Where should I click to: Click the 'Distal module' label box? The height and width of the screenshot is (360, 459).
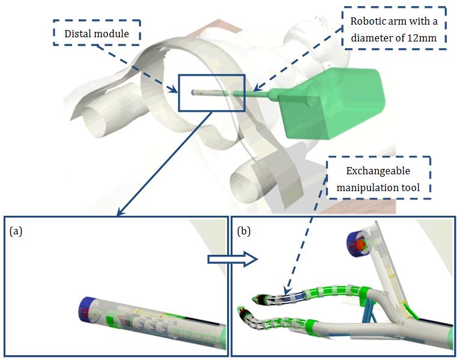coord(97,34)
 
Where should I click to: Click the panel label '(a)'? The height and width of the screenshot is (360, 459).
coord(17,230)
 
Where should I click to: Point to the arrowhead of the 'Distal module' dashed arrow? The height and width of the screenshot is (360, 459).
coord(177,91)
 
